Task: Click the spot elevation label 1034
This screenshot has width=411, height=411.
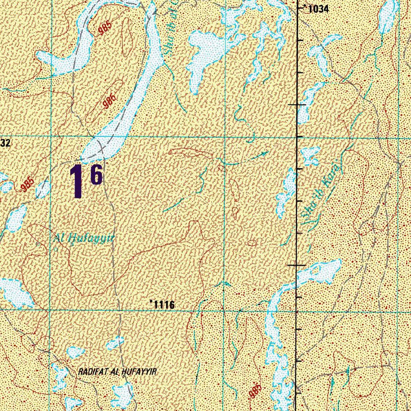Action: tap(317, 8)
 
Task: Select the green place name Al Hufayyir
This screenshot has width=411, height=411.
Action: tap(84, 239)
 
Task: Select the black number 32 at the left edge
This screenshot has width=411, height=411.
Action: tap(5, 142)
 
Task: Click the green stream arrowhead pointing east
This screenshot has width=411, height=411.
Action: tap(265, 153)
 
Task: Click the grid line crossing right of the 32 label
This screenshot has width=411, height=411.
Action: tap(50, 136)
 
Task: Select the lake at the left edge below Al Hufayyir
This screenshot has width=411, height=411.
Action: tap(15, 291)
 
